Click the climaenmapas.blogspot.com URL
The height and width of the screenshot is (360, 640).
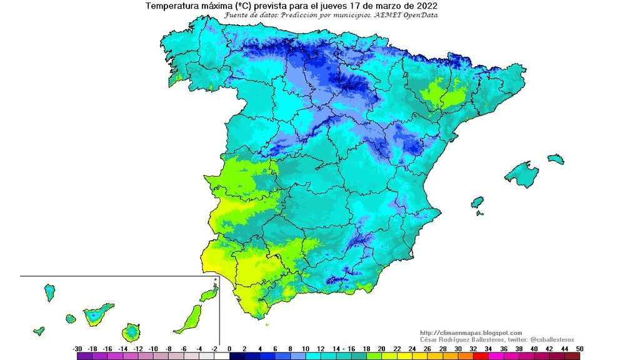471,332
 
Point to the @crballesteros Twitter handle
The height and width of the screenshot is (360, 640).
542,339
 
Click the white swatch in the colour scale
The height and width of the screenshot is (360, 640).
222,356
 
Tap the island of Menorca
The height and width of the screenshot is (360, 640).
555,159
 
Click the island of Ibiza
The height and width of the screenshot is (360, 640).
477,203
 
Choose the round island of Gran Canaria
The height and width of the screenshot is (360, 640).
132,331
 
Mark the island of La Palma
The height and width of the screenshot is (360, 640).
49,292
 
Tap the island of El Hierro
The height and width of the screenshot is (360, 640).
39,330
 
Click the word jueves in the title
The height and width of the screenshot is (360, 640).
344,6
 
